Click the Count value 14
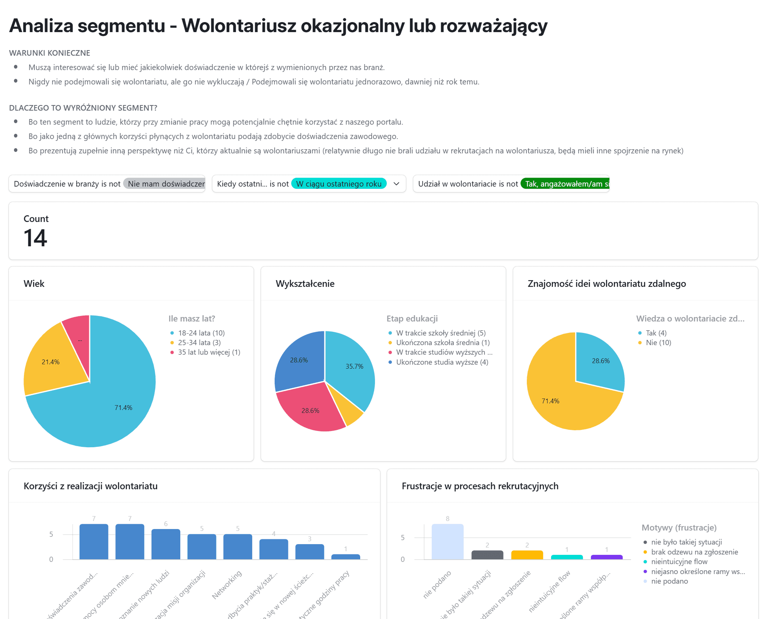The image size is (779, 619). coord(35,238)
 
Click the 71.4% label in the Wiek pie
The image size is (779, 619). coord(123,407)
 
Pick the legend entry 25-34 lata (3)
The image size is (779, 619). coord(199,342)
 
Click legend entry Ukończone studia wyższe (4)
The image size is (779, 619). coord(442,362)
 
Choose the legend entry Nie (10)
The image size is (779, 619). coord(658,342)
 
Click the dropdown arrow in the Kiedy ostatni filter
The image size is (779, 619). coord(396,184)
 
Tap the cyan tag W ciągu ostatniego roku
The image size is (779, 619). coord(338,184)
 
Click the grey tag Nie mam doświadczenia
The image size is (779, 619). coord(165,184)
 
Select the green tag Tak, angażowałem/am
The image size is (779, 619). coord(566,184)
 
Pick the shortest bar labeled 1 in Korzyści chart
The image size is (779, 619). coord(345,557)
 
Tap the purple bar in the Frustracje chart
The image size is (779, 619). coord(606,557)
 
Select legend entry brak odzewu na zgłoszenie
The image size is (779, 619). coord(694,552)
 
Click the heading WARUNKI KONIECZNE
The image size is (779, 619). coord(49,53)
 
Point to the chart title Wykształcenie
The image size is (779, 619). coord(305,284)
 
